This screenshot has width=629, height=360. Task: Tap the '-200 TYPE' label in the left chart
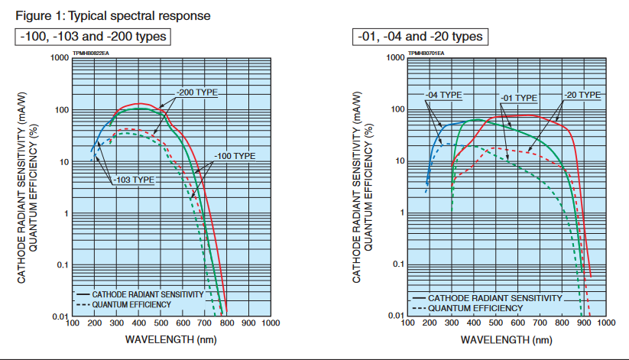tap(196, 92)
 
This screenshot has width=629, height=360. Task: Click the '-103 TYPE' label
tap(132, 180)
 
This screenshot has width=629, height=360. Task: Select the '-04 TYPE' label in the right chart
tap(443, 95)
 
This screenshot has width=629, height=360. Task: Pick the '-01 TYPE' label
tap(517, 98)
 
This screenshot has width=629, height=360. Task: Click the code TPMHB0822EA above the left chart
tap(91, 54)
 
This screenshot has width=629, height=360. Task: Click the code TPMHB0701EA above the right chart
tap(426, 54)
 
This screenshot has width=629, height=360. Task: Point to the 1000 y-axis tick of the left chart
tap(60, 58)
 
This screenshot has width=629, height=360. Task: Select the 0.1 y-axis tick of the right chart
tap(397, 264)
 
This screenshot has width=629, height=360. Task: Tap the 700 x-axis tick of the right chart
tap(540, 323)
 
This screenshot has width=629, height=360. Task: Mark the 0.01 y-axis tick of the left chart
tap(60, 316)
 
